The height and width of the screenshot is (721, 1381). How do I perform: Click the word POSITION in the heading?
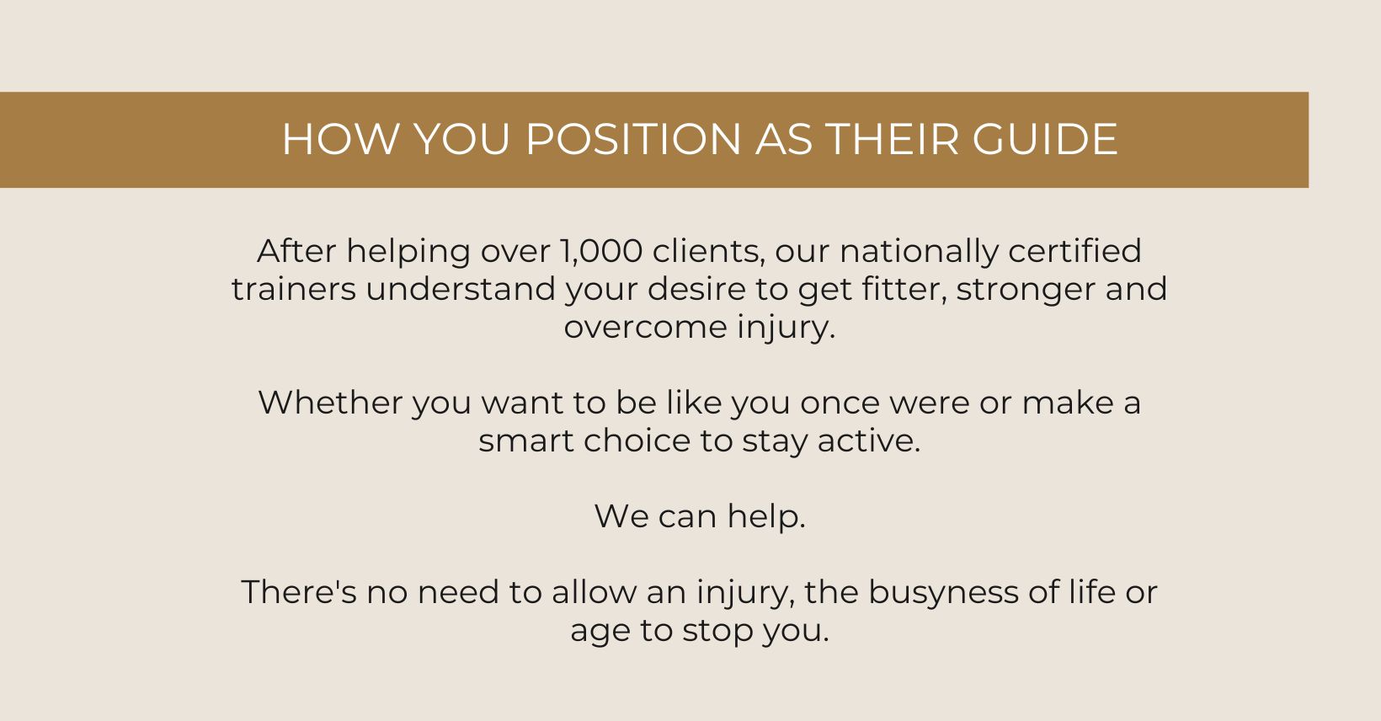click(x=633, y=139)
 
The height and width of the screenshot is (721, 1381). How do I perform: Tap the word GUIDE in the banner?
click(x=1045, y=139)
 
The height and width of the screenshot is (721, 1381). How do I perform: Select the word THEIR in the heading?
click(x=893, y=139)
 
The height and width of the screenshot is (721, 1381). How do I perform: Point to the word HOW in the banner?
click(x=340, y=139)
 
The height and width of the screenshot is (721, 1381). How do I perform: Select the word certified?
click(x=1074, y=251)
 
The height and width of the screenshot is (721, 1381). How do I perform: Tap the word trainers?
click(x=294, y=289)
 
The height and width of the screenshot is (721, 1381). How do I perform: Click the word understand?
click(x=461, y=289)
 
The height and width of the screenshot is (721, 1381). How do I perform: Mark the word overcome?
click(x=646, y=328)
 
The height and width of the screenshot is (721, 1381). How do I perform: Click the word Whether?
click(x=330, y=403)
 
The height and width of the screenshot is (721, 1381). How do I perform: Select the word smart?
click(x=526, y=441)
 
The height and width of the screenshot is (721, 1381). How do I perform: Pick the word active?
click(x=869, y=441)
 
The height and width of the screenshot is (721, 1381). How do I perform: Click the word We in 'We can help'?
click(x=621, y=517)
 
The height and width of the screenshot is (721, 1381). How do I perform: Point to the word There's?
click(x=299, y=592)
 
